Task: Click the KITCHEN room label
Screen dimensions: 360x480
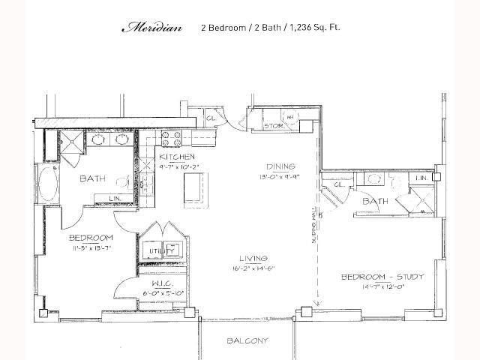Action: (176, 157)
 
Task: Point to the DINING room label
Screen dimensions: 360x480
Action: (280, 166)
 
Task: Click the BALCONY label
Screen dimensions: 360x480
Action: (247, 341)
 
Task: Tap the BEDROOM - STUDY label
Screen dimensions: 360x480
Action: (382, 277)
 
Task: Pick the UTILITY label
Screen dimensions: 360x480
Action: (157, 251)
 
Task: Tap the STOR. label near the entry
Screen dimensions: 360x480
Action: (274, 126)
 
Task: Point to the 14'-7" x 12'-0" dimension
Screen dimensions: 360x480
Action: (383, 286)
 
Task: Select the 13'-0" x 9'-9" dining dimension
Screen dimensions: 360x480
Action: (280, 177)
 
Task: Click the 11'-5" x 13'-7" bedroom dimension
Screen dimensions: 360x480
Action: (91, 247)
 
